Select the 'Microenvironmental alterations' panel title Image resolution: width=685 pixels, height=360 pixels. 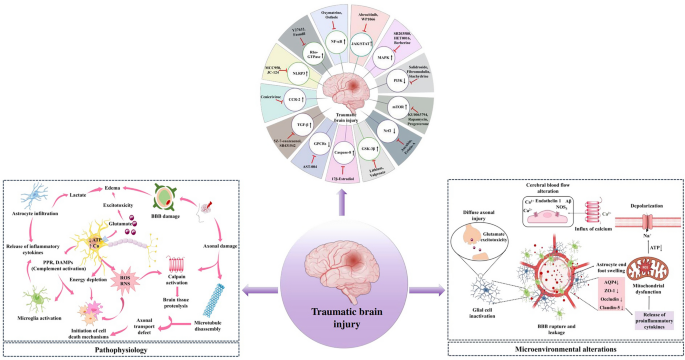tap(568, 349)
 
